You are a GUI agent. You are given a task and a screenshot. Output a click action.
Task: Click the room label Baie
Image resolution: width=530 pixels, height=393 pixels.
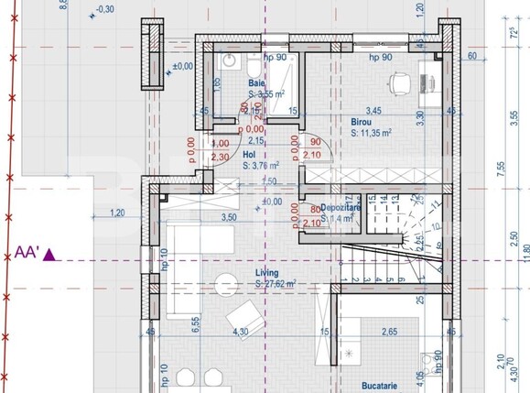click(257, 83)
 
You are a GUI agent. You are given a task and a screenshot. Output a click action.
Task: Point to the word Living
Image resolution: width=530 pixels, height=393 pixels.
click(267, 273)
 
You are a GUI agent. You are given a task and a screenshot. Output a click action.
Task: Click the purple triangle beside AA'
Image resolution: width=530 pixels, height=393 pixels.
click(50, 255)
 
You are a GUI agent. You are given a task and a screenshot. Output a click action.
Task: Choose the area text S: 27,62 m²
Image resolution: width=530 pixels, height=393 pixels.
click(276, 284)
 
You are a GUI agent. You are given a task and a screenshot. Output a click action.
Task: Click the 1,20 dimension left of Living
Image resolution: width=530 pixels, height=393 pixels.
click(116, 213)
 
